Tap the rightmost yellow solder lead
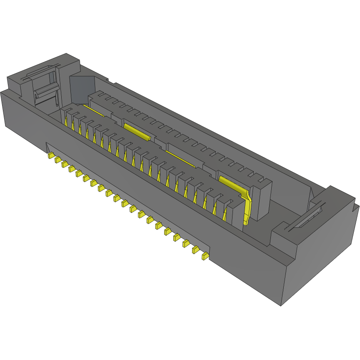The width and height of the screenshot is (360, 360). pyautogui.click(x=205, y=256)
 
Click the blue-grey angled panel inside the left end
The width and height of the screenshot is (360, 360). pyautogui.click(x=82, y=87)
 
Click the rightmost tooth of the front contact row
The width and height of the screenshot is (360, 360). pyautogui.click(x=238, y=212)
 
